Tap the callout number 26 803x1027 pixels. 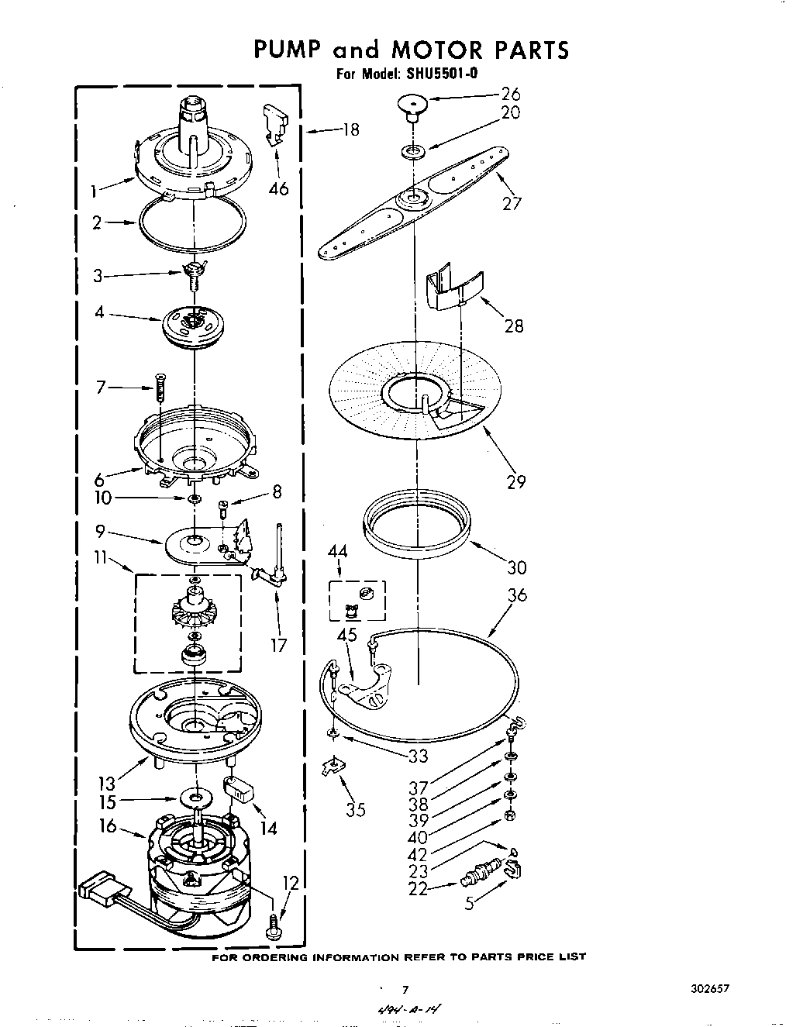pos(510,95)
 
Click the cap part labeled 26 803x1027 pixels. pos(414,105)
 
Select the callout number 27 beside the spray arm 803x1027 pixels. pos(511,203)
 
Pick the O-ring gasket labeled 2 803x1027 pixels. pos(191,224)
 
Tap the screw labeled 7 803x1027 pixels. pos(160,386)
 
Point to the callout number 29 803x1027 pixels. pos(515,481)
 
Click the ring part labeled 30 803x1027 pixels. pos(417,526)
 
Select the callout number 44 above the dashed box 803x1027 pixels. pos(338,551)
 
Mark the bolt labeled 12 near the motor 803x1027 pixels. pos(273,927)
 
